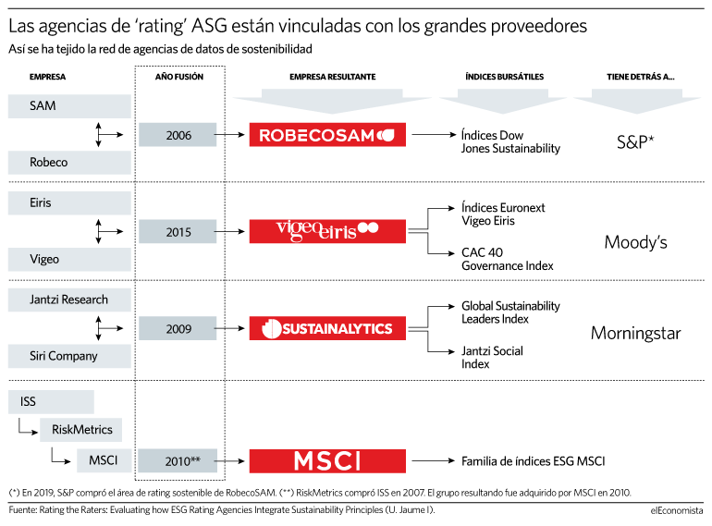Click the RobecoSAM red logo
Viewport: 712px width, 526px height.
(x=327, y=135)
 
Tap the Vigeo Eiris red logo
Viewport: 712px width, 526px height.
(x=327, y=231)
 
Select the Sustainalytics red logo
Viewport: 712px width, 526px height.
(x=327, y=328)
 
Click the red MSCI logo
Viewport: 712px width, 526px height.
(x=327, y=461)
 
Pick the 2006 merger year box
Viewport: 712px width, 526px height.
(x=178, y=135)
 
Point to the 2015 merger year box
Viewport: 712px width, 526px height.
(x=178, y=231)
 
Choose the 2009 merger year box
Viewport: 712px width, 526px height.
(x=178, y=328)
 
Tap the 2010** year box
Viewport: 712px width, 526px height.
(x=178, y=461)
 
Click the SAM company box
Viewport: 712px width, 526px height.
(x=69, y=106)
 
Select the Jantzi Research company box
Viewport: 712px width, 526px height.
(x=69, y=300)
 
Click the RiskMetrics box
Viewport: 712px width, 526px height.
(x=80, y=430)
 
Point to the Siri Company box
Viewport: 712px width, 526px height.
(x=69, y=356)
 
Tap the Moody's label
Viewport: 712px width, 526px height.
(x=636, y=242)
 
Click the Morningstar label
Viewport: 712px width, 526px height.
(x=636, y=334)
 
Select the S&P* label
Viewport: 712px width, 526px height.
(x=635, y=142)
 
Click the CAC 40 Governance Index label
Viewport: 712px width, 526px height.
(x=508, y=259)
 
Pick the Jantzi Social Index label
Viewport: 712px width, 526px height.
(x=492, y=357)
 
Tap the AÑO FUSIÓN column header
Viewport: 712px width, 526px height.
(x=179, y=77)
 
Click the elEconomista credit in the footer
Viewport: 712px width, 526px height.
(x=677, y=510)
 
